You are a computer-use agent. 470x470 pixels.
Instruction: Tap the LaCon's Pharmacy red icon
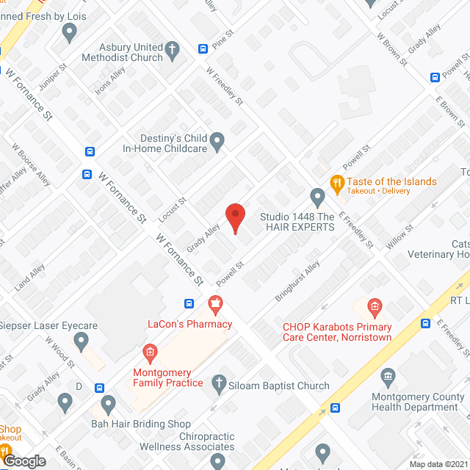[215, 302]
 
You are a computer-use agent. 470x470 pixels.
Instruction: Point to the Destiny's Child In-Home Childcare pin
[217, 140]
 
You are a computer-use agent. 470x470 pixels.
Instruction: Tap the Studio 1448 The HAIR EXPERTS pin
[317, 196]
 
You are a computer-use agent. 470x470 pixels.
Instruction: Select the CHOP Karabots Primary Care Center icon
[374, 305]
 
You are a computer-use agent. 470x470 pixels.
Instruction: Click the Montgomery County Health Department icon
[388, 379]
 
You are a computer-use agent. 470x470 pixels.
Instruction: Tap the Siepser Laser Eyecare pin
[82, 340]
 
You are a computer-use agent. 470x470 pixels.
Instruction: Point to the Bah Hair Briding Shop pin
[109, 403]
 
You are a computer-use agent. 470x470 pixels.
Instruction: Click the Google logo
[24, 460]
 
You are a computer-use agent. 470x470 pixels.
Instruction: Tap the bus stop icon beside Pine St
[203, 49]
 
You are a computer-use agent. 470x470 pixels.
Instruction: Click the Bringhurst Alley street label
[298, 281]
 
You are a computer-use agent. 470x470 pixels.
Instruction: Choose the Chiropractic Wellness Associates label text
[188, 441]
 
